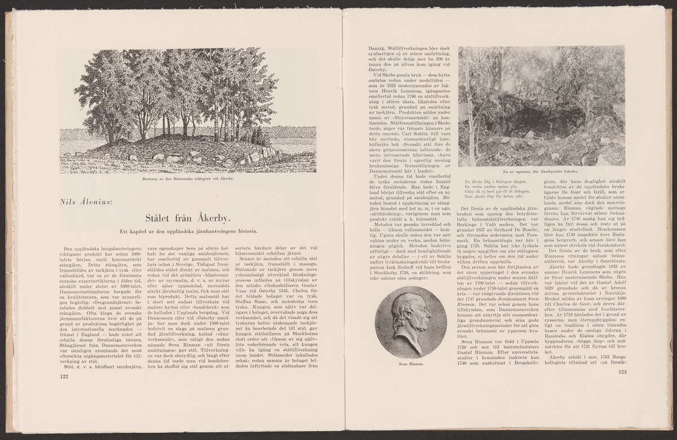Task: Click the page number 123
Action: [622, 372]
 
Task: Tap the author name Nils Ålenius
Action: [88, 201]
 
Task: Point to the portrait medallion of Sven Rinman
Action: [410, 322]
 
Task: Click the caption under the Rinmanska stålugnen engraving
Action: [188, 179]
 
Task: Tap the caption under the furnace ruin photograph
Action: [542, 171]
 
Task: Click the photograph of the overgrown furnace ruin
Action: [542, 106]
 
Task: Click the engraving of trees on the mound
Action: [188, 111]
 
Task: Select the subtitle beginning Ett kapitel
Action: [188, 231]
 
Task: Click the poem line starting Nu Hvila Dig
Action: [496, 181]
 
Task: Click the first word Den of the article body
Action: [69, 249]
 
